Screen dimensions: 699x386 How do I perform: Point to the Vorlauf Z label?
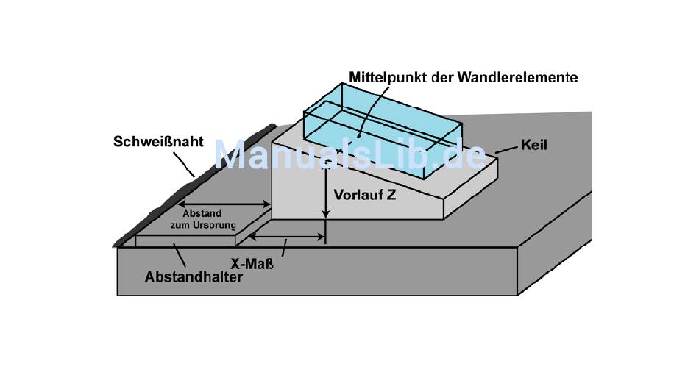[x=365, y=196]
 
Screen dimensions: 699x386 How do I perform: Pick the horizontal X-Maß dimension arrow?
[x=286, y=237]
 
